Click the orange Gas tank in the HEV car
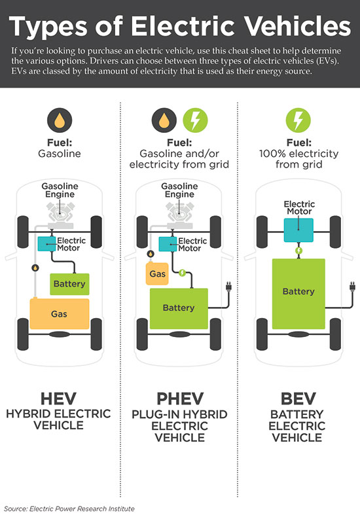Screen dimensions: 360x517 [60, 313]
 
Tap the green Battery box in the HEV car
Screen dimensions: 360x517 [69, 284]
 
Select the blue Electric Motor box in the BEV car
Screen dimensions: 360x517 [298, 230]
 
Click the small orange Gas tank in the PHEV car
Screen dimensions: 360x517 [157, 274]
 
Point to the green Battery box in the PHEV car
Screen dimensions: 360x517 [179, 308]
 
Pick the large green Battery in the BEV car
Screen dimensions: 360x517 [298, 294]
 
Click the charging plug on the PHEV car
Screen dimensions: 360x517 [229, 286]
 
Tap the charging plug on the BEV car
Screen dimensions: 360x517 [352, 286]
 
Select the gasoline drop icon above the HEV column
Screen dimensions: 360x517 [60, 120]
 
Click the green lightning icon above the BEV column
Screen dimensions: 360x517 [298, 120]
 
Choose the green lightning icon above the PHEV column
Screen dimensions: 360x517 [195, 120]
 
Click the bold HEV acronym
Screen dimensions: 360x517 [59, 399]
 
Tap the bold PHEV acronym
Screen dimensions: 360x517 [180, 399]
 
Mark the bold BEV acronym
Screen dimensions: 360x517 [298, 399]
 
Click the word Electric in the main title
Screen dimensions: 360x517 [183, 26]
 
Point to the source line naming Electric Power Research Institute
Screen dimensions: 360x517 [69, 508]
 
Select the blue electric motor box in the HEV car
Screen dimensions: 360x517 [47, 244]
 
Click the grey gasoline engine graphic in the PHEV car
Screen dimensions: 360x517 [179, 214]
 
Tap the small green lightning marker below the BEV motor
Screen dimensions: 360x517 [298, 251]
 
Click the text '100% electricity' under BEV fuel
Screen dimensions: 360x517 [298, 154]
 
